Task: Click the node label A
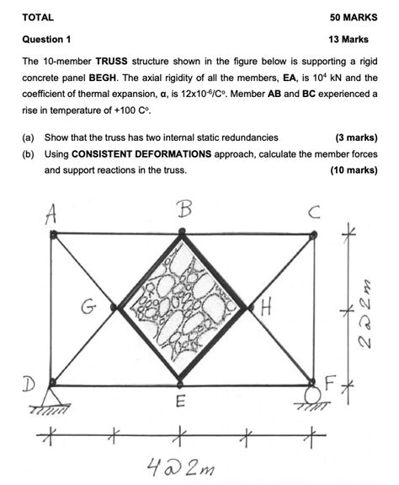tap(51, 216)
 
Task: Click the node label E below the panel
tap(180, 403)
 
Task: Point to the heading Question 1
tap(46, 39)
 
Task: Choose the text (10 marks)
tap(353, 170)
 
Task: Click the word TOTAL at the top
tap(38, 17)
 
